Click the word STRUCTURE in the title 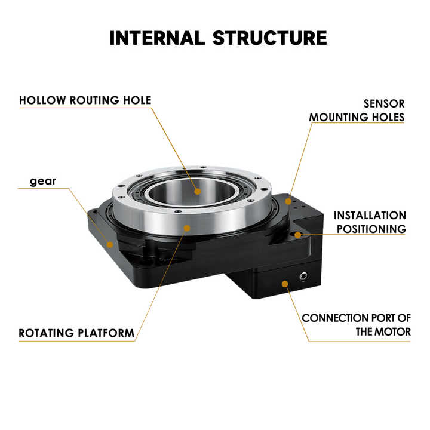click(x=270, y=37)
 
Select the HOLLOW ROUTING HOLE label click(x=85, y=100)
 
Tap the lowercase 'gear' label click(x=43, y=181)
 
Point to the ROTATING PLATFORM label click(x=76, y=333)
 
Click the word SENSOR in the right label click(x=384, y=103)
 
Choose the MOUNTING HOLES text click(x=357, y=117)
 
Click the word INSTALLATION click(x=370, y=215)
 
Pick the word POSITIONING click(x=371, y=229)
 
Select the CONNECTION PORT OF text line click(x=356, y=318)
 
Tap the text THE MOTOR click(x=383, y=331)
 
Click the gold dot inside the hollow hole click(x=197, y=192)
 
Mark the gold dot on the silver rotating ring click(x=187, y=228)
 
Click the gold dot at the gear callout click(x=109, y=243)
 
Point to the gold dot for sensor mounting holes click(x=288, y=202)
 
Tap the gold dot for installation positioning click(x=298, y=235)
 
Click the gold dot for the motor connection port click(x=285, y=281)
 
